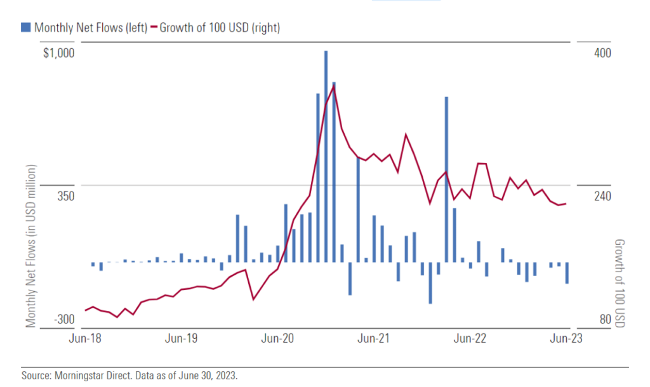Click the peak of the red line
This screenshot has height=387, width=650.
click(334, 87)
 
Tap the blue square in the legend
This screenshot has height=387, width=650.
click(25, 27)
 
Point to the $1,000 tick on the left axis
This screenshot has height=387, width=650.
click(58, 53)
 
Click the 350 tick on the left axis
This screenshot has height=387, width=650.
click(65, 196)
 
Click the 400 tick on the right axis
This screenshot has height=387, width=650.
click(602, 53)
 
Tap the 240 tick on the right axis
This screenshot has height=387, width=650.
click(602, 196)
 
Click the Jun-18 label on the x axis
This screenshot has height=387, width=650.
click(85, 339)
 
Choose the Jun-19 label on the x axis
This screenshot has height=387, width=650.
click(182, 339)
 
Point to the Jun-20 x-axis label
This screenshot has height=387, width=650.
click(278, 339)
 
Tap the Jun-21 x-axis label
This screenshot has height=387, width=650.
click(375, 339)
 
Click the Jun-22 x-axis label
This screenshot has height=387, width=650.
click(470, 339)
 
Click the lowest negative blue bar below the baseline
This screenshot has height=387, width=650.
click(430, 283)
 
